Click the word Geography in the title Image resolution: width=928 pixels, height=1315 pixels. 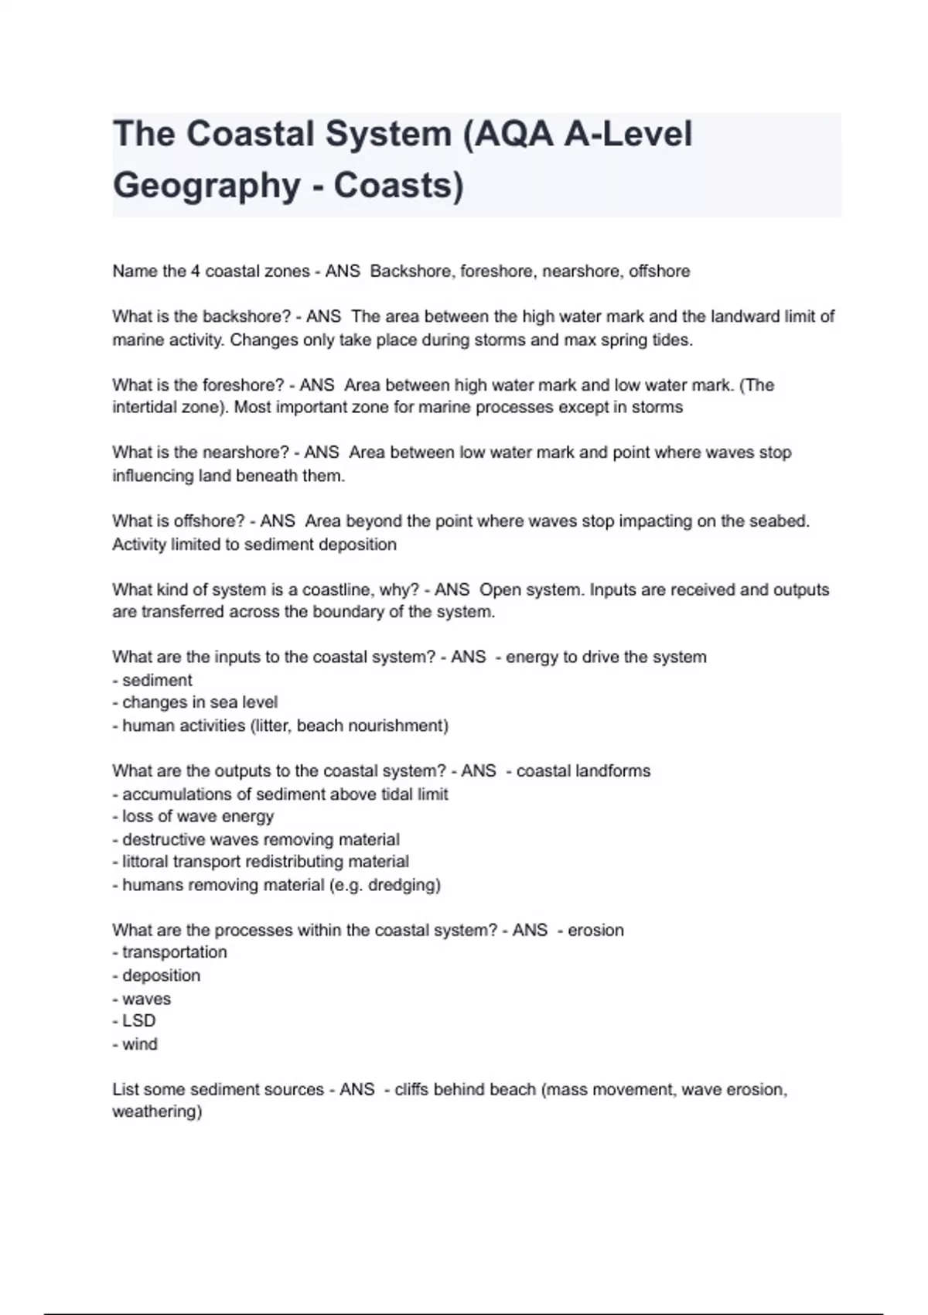click(x=206, y=186)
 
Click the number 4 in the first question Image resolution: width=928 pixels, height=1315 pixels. click(x=195, y=272)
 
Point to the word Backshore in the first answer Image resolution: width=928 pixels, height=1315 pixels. click(x=411, y=272)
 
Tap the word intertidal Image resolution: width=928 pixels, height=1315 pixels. click(x=145, y=408)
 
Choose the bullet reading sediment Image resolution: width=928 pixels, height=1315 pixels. click(x=157, y=681)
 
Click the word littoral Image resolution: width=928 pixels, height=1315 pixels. click(x=145, y=862)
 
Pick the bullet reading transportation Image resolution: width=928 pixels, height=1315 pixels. click(x=174, y=952)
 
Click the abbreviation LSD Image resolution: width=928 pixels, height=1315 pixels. click(x=138, y=1021)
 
